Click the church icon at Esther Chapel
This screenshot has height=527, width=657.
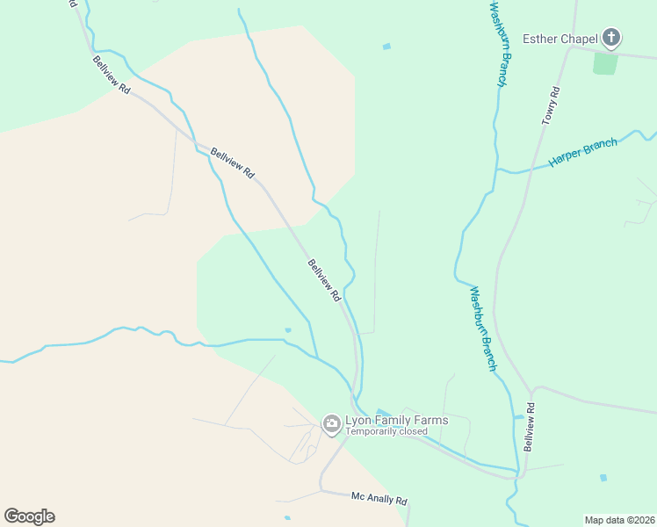pos(611,38)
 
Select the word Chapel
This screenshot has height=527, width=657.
pos(579,38)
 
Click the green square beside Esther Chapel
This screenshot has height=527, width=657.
pos(604,62)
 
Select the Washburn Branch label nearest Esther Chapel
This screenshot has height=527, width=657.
pos(499,44)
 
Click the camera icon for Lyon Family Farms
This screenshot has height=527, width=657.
pos(332,425)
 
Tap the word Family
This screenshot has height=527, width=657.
pos(392,420)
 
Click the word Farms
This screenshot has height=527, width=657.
pos(431,420)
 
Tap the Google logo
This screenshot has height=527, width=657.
pos(29,516)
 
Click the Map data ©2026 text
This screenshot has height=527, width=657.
pos(619,520)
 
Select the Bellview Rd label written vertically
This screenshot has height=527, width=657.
pos(530,427)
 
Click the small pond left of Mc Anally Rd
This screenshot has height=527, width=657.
pos(288,518)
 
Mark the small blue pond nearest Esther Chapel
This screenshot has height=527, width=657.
pos(386,47)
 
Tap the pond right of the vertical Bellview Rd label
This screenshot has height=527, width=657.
pos(603,478)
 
